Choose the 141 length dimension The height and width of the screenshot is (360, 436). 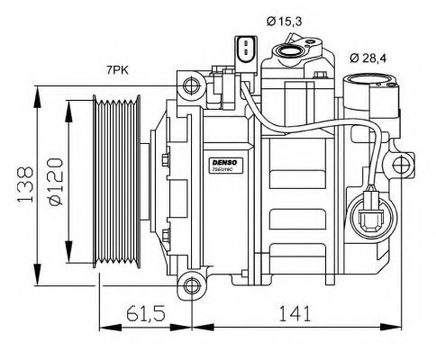coord(296,313)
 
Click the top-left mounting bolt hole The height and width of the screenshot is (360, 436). coord(189,87)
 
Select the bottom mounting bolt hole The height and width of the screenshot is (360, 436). coord(190,288)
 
